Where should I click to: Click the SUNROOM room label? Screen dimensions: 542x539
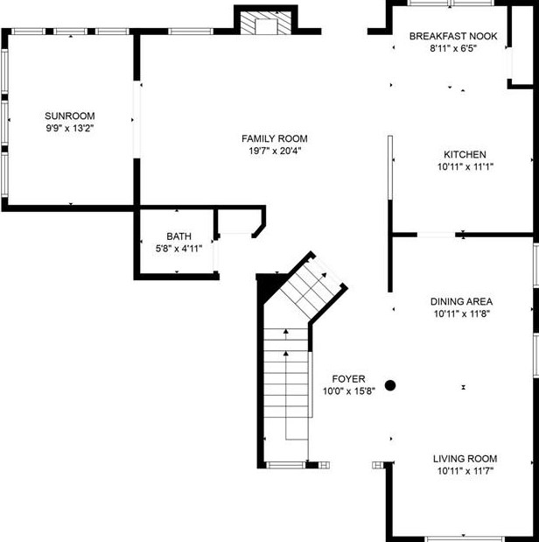pos(70,116)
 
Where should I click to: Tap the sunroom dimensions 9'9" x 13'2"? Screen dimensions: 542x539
pos(70,128)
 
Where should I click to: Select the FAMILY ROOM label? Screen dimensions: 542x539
pos(275,138)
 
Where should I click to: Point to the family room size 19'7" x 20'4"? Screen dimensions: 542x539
pos(275,151)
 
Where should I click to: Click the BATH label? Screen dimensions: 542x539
pos(178,236)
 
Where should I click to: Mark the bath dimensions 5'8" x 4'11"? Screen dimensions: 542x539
pos(178,249)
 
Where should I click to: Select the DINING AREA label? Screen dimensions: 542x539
pos(465,301)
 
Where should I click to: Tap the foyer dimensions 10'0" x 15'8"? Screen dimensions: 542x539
pos(348,391)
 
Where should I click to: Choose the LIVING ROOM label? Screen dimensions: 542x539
pos(465,459)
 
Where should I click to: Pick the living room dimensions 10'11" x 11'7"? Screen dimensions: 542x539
pos(465,471)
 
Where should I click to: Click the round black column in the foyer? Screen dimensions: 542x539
pos(390,384)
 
